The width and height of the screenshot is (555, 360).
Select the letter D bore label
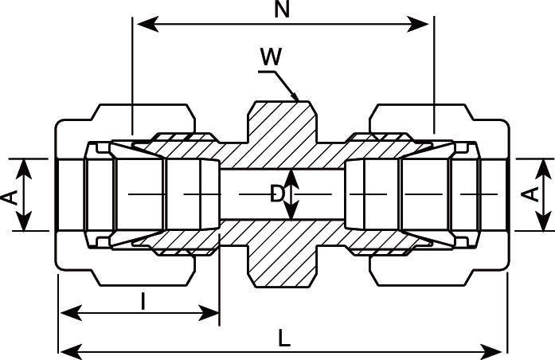[277, 194]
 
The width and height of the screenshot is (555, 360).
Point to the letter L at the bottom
[284, 338]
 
